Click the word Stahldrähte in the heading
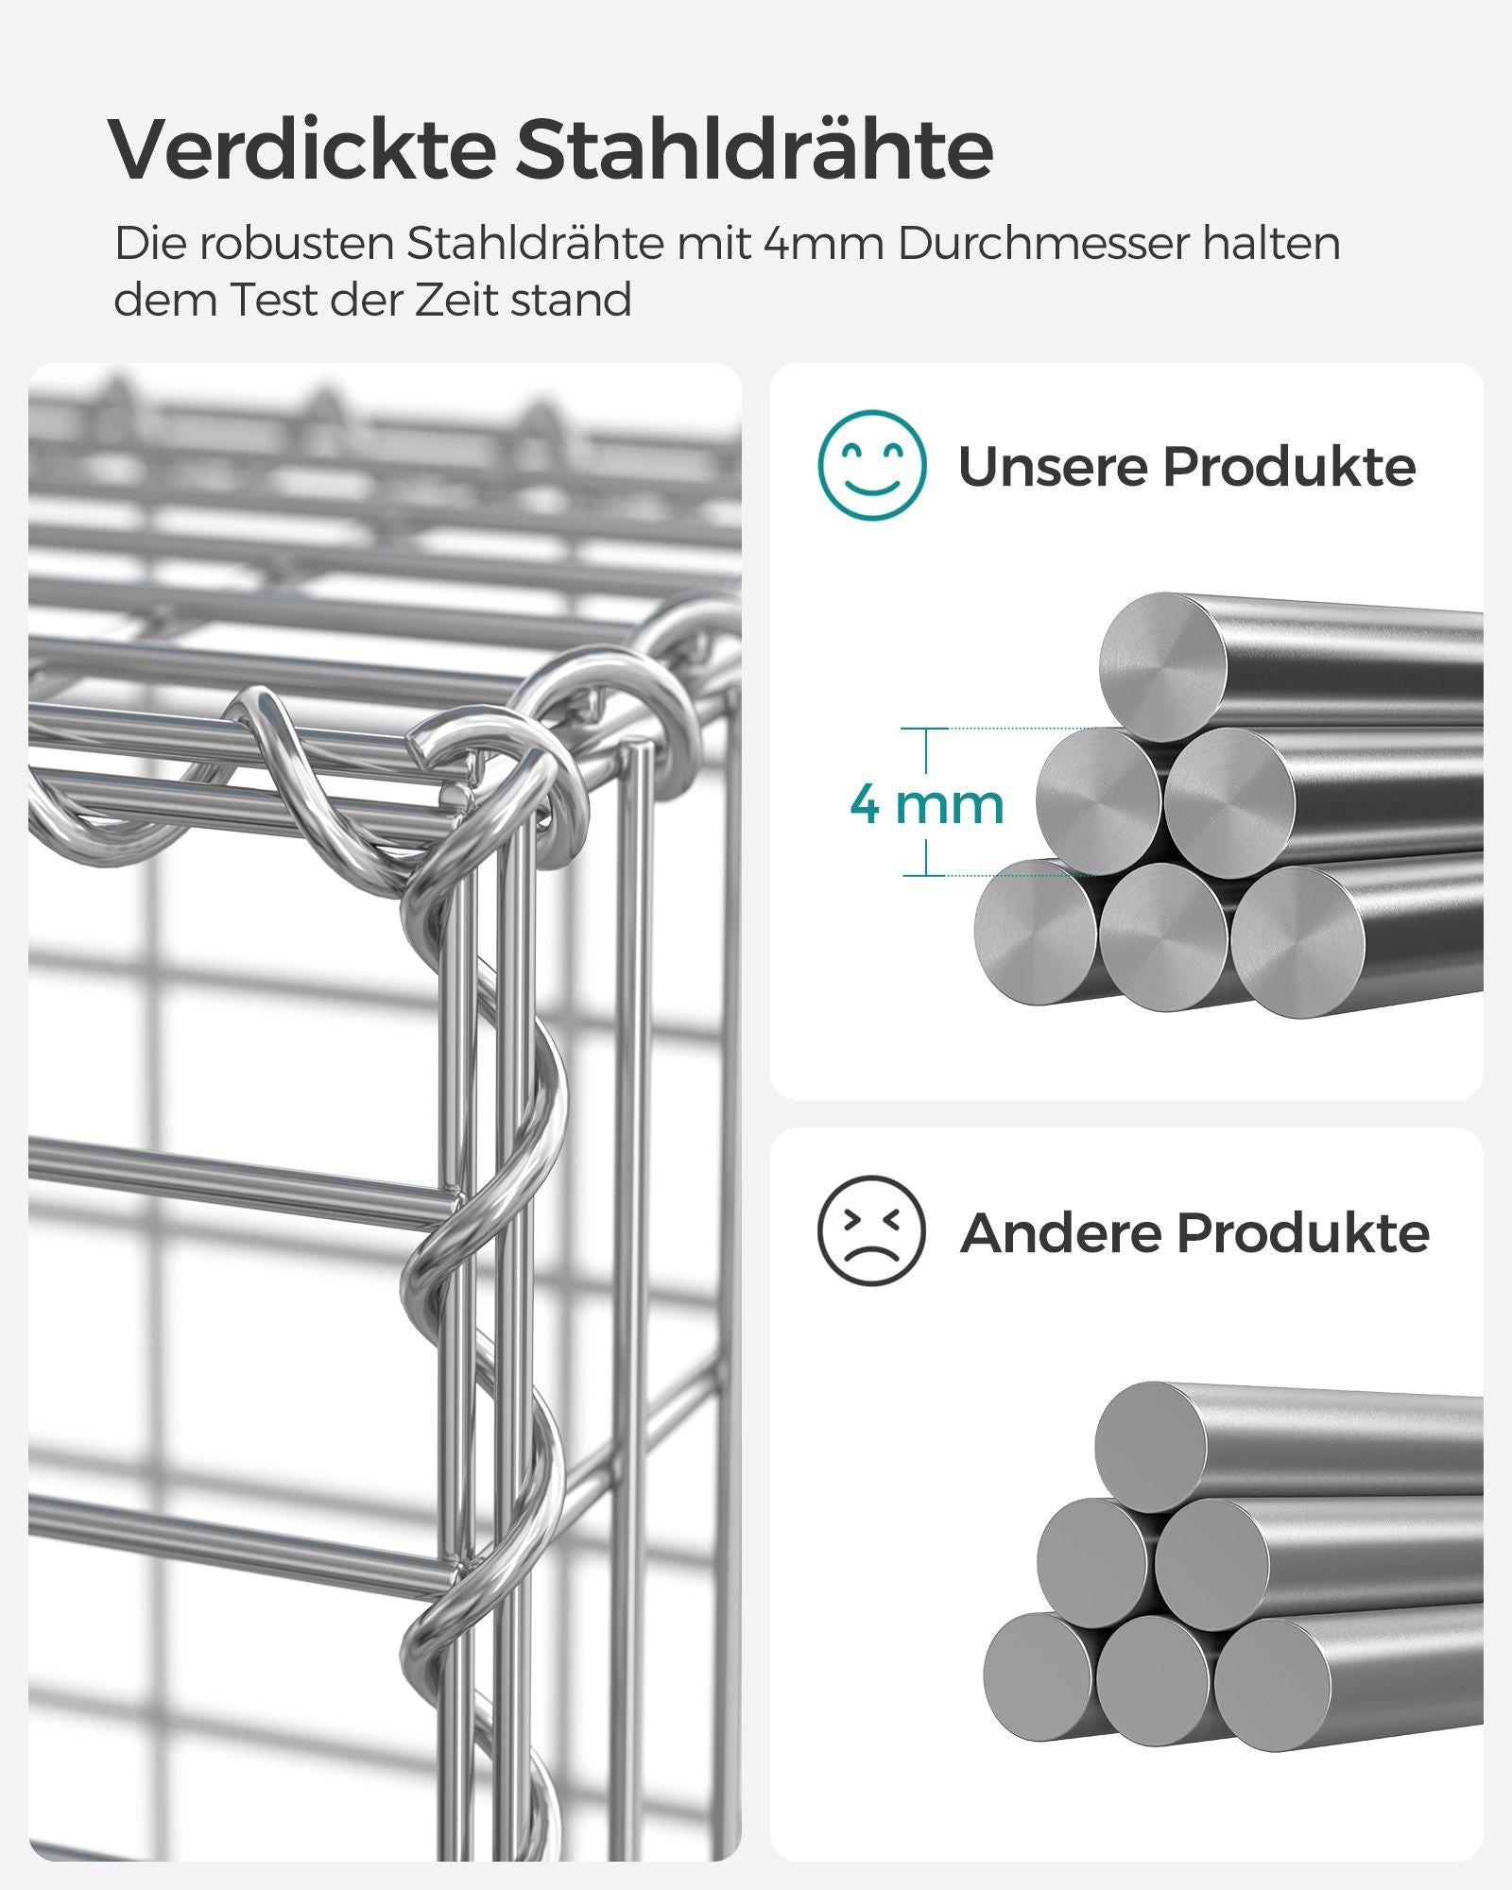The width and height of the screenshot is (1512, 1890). pyautogui.click(x=754, y=149)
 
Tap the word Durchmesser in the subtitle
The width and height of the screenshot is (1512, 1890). pyautogui.click(x=1042, y=244)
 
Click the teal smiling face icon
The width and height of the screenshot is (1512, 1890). pyautogui.click(x=871, y=465)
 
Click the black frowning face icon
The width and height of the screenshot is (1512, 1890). pyautogui.click(x=871, y=1230)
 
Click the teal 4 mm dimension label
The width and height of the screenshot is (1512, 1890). pyautogui.click(x=926, y=804)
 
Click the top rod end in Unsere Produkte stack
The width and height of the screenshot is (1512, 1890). pyautogui.click(x=1163, y=667)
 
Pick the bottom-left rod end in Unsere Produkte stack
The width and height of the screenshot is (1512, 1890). pyautogui.click(x=1037, y=931)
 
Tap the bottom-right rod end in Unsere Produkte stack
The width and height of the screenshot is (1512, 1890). pyautogui.click(x=1297, y=941)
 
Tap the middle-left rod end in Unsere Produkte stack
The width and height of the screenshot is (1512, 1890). pyautogui.click(x=1099, y=799)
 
